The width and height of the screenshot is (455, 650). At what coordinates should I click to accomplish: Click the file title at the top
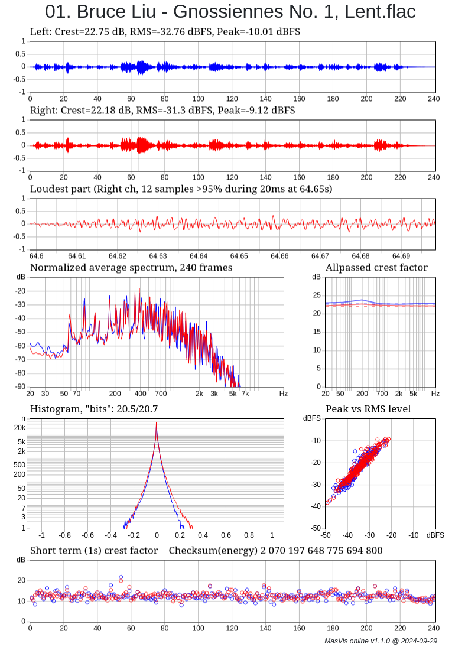tap(230, 12)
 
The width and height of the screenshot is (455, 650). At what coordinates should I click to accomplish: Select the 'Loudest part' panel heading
tap(181, 189)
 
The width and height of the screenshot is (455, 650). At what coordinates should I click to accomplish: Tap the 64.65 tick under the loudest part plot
tap(239, 256)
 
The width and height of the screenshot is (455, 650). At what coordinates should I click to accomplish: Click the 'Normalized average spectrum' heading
tap(131, 268)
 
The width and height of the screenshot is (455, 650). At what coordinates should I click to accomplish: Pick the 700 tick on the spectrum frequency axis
tap(161, 394)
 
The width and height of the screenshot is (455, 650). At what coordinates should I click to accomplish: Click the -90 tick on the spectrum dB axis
tap(21, 387)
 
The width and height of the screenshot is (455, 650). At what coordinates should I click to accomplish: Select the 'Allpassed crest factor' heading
tap(376, 268)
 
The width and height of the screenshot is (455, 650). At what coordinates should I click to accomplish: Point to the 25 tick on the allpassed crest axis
tap(316, 295)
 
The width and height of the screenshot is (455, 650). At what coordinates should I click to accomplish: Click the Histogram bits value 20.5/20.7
tap(135, 409)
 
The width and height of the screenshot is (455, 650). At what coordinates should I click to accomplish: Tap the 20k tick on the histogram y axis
tap(19, 428)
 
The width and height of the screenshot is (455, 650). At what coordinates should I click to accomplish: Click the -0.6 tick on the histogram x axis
tap(87, 535)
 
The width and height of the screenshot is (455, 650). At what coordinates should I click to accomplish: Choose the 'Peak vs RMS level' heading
tap(368, 409)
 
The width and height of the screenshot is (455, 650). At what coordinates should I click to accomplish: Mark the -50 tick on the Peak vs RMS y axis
tap(316, 528)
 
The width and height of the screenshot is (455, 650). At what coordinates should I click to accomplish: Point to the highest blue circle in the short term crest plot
tap(121, 577)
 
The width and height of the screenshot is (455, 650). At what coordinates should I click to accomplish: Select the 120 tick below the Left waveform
tap(232, 99)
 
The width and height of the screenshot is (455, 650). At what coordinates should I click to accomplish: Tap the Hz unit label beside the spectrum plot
tap(284, 394)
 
